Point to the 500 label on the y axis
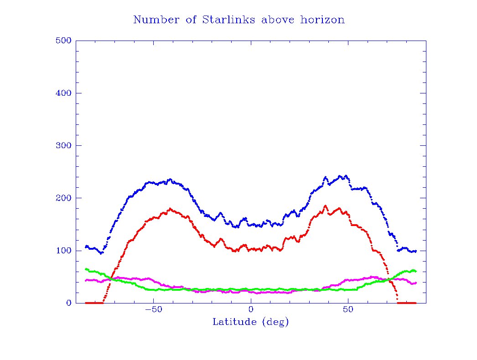(x=63, y=41)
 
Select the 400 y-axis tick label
(x=63, y=93)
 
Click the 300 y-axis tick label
(x=63, y=145)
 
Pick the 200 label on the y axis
(x=63, y=198)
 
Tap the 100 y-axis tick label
(x=63, y=251)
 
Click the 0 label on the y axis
(x=69, y=303)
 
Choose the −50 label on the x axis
(x=153, y=310)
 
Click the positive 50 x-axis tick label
(x=348, y=310)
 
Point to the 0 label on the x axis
(x=251, y=310)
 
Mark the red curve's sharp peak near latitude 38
(x=326, y=206)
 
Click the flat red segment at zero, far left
(x=93, y=303)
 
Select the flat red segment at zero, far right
(x=407, y=303)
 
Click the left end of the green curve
(x=86, y=269)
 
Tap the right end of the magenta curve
(x=415, y=283)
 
